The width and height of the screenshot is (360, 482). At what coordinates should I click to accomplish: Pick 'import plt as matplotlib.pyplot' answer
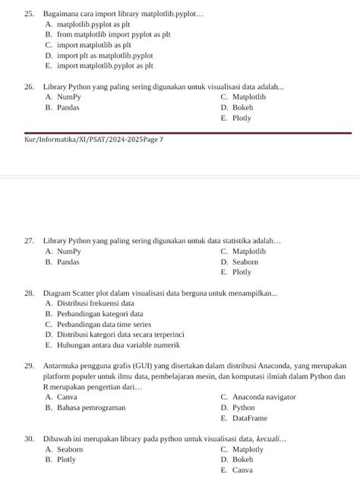105,56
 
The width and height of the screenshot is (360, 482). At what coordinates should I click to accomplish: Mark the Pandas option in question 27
68,262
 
